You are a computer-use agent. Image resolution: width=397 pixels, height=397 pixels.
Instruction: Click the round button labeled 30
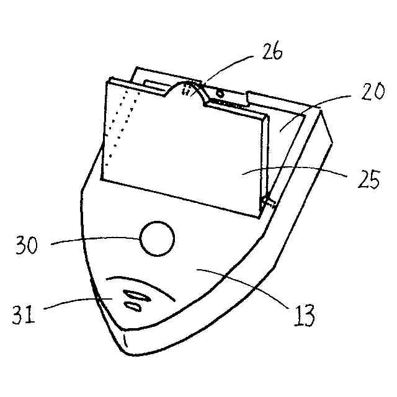[157, 238]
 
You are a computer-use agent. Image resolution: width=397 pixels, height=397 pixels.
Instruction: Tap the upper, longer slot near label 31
[135, 295]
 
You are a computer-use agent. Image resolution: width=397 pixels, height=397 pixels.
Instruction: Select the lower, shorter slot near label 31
[133, 305]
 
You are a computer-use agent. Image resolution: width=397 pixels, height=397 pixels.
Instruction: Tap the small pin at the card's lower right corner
[267, 201]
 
